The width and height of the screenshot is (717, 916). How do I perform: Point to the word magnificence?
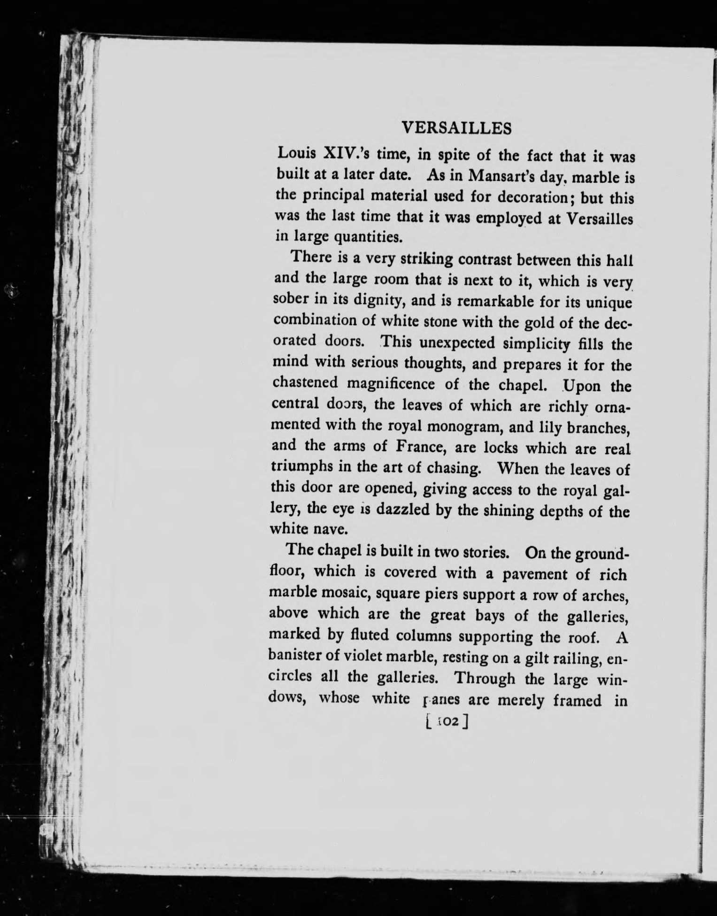coord(392,384)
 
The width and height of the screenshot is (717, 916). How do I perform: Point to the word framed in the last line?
coord(577,701)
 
